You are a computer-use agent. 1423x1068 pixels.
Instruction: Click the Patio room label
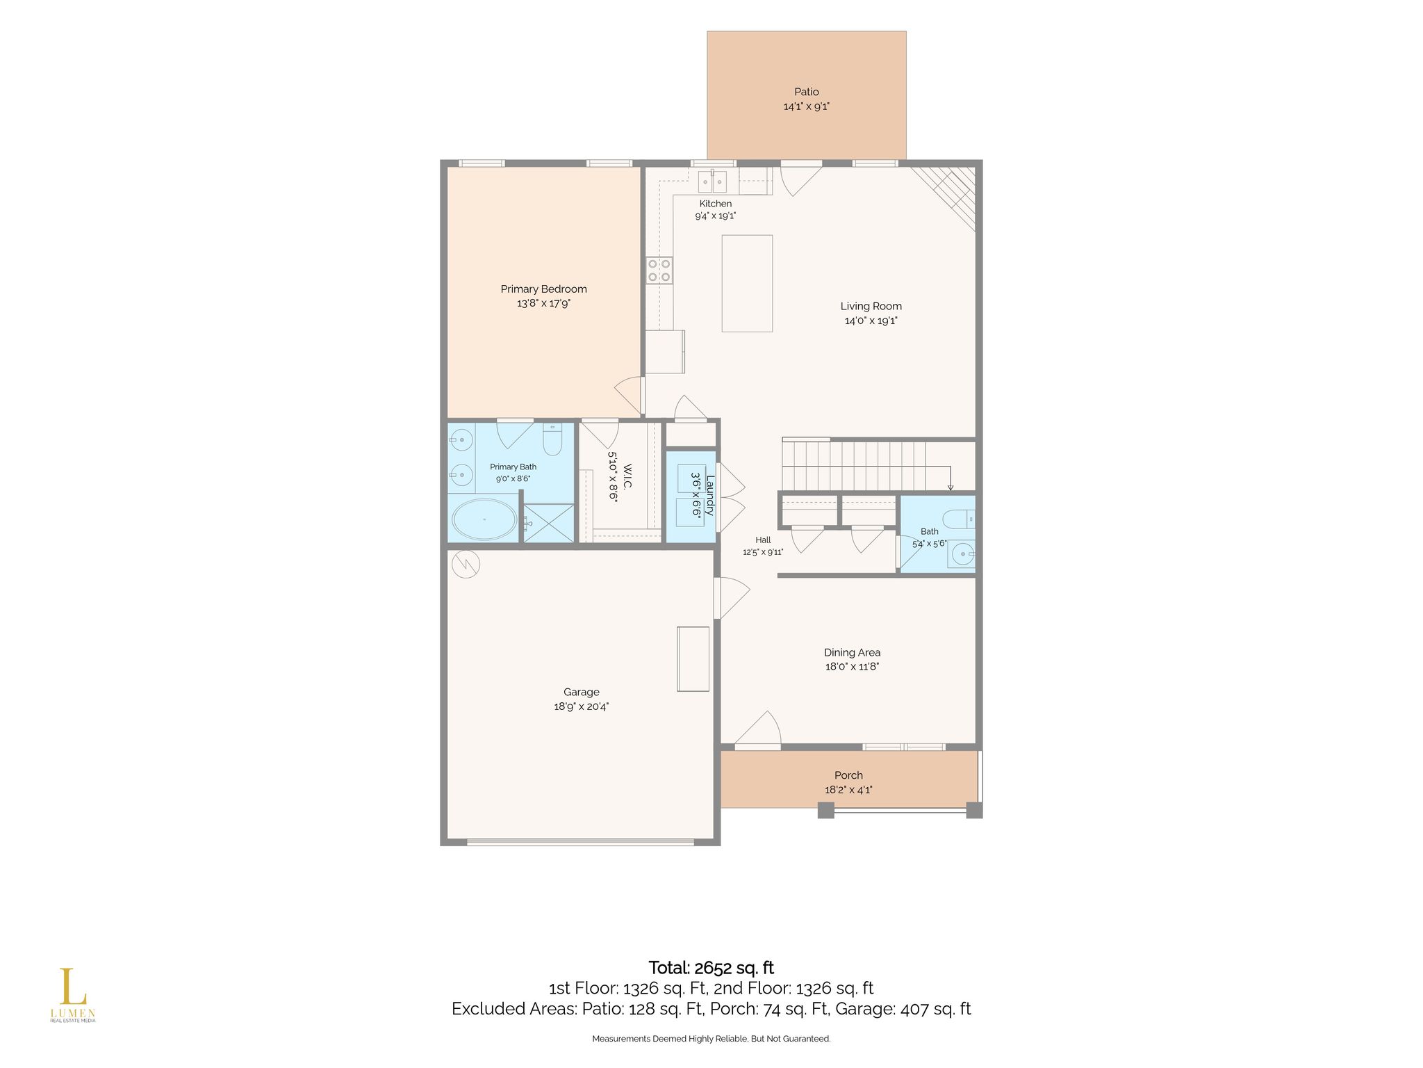tap(806, 92)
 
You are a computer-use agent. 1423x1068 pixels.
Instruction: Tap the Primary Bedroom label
tap(543, 289)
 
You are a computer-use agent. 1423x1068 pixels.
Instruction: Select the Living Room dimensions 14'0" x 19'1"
tap(871, 321)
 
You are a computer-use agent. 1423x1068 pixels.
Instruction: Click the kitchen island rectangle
tap(747, 283)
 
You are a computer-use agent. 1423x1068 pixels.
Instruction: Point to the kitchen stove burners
tap(659, 270)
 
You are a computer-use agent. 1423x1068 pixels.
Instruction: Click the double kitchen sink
tap(712, 181)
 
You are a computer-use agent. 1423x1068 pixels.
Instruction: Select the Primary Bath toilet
tap(552, 439)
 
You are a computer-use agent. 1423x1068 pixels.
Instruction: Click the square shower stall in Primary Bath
tap(549, 522)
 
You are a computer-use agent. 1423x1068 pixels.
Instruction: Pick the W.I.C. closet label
tap(627, 476)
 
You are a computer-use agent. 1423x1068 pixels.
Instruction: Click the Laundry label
tap(709, 495)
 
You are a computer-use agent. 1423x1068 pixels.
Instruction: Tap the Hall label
tap(763, 540)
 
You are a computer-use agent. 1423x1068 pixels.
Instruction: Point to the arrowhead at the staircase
tap(951, 488)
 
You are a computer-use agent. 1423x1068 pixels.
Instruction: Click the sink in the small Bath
tap(964, 554)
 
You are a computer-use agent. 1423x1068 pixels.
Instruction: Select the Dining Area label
tap(852, 652)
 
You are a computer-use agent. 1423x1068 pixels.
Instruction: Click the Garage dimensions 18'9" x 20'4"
tap(581, 706)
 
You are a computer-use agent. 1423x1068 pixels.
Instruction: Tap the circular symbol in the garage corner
tap(466, 564)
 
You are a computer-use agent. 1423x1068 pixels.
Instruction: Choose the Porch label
tap(848, 775)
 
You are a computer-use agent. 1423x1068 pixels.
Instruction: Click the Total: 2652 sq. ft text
tap(711, 968)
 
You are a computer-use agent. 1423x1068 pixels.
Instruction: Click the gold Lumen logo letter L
tap(72, 987)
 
